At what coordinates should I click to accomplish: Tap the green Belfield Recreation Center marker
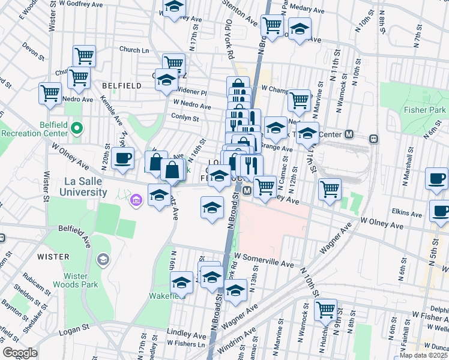pyautogui.click(x=76, y=128)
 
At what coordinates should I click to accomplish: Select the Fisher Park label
pyautogui.click(x=425, y=110)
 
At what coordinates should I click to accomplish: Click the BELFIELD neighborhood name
pyautogui.click(x=122, y=86)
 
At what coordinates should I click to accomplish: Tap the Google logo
pyautogui.click(x=20, y=353)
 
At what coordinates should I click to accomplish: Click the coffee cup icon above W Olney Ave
pyautogui.click(x=122, y=159)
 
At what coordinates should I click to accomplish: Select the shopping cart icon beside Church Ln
pyautogui.click(x=85, y=56)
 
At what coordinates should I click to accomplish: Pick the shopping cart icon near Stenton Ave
pyautogui.click(x=273, y=25)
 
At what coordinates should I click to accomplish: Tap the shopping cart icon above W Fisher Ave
pyautogui.click(x=325, y=310)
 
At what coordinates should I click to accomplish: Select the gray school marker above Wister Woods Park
pyautogui.click(x=103, y=259)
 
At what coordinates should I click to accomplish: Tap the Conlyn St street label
pyautogui.click(x=185, y=118)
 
